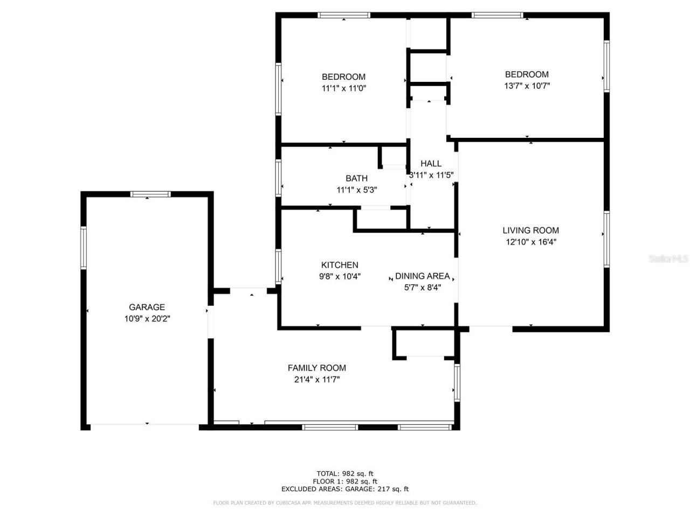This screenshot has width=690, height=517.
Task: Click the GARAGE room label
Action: point(147,308)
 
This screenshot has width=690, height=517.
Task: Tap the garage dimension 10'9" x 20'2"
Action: point(147,319)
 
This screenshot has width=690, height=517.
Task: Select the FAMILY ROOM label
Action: point(316,368)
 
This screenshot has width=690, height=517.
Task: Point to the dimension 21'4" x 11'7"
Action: point(316,379)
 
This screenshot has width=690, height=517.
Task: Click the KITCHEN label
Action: point(340,265)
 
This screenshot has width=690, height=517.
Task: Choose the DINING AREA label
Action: point(422,276)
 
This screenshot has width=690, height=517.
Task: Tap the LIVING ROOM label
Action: point(530,230)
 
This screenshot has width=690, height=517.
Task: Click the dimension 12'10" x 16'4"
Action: point(530,242)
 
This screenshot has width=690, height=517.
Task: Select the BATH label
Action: point(356,178)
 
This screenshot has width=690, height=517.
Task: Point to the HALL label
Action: point(431,163)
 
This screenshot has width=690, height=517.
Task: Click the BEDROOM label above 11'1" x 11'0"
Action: point(343,77)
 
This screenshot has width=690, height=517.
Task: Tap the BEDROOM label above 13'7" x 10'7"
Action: point(527,74)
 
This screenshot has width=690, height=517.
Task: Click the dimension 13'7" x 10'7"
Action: point(527,86)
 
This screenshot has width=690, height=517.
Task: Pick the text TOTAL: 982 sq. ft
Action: point(345,474)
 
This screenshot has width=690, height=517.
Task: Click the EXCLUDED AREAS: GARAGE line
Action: point(345,489)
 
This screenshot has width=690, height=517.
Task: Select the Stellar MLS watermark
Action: point(668,259)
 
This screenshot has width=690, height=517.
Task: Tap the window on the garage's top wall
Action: point(151,194)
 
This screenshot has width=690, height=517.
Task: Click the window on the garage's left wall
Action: point(84,248)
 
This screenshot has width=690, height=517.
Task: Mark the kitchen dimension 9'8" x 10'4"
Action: point(340,276)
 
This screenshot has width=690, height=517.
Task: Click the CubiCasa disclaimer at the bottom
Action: point(345,503)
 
